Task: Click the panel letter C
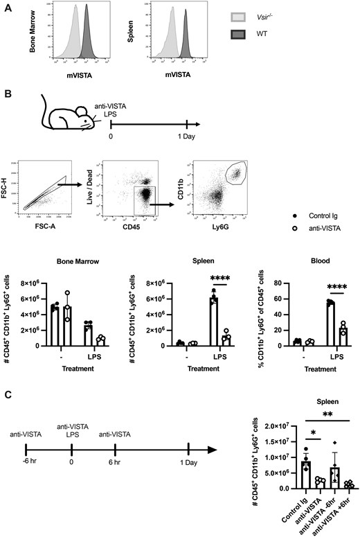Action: (8, 397)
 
